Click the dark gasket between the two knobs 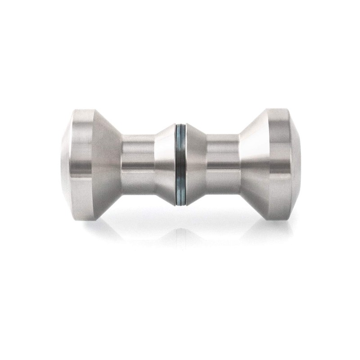(x=180, y=164)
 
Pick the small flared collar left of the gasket (x=164, y=164)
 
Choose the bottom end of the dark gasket (x=180, y=205)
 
